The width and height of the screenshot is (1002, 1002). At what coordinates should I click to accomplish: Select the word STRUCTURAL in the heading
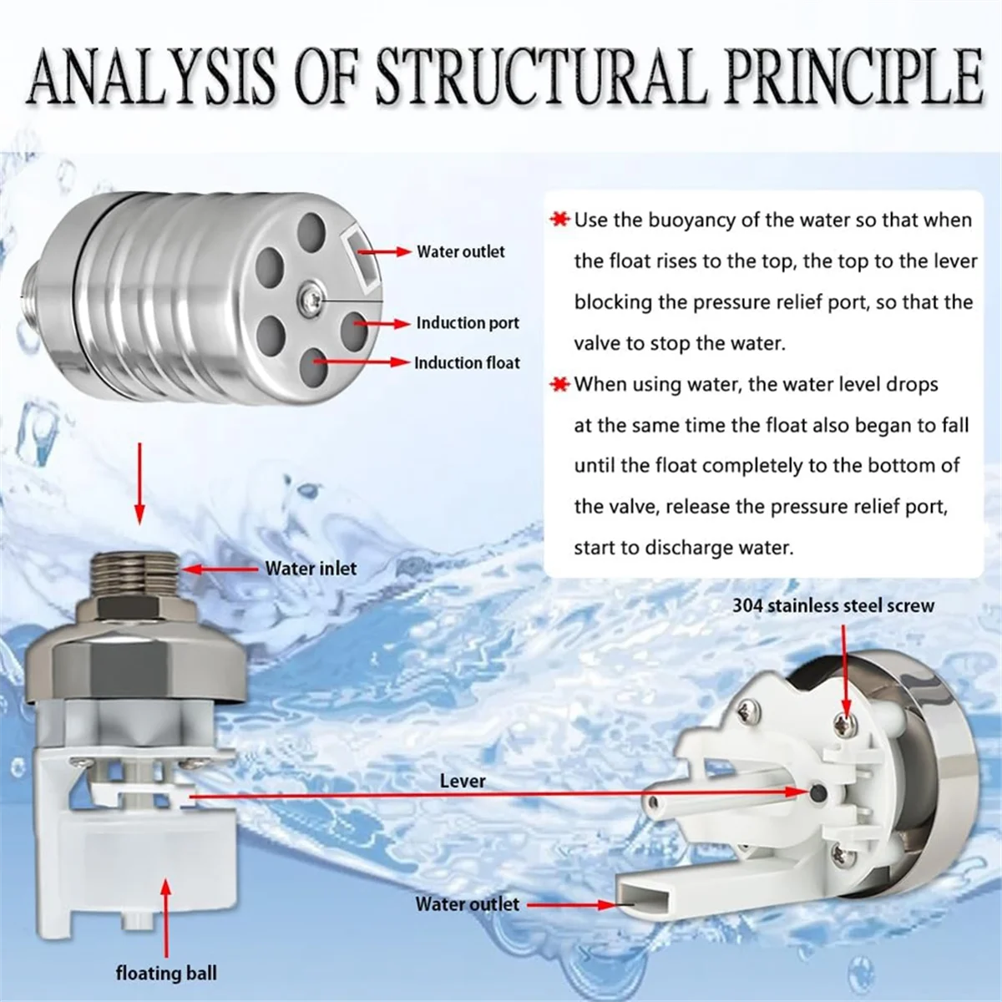pos(539,76)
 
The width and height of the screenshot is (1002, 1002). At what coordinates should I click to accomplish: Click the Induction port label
pos(468,323)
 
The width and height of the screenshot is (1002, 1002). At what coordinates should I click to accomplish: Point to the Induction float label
pos(467,363)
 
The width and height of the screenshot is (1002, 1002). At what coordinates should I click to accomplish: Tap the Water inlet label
pos(311,569)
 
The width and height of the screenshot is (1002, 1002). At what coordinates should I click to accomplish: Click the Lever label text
pos(463,781)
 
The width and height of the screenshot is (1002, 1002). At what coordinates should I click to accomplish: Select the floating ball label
pos(166,973)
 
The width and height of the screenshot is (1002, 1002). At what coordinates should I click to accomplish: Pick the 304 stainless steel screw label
pos(833,605)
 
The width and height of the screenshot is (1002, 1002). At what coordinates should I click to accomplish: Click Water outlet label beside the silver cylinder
pos(461,251)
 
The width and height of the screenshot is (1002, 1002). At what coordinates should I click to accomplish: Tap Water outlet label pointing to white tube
pos(467,903)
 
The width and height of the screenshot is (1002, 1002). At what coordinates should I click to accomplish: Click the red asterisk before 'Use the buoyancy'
pos(559,220)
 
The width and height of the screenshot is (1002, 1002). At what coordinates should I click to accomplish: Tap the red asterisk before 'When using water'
pos(559,385)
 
